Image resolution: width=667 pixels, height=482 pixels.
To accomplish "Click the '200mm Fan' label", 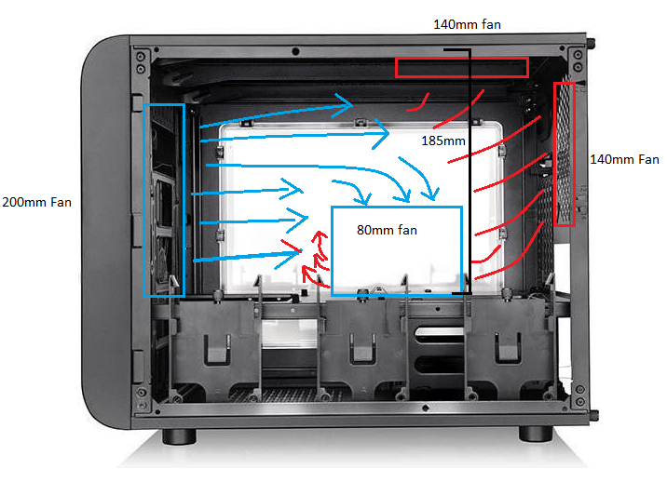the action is click(36, 202).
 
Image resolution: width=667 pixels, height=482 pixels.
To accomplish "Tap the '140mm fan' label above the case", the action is click(467, 24).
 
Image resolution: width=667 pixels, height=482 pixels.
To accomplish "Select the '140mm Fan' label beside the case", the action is click(624, 159).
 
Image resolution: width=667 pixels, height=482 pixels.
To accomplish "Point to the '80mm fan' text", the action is click(387, 230).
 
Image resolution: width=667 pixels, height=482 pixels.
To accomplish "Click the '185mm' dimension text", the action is click(443, 141).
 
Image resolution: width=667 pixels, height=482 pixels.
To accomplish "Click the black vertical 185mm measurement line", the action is click(470, 171).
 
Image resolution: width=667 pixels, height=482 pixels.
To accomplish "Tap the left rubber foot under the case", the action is click(179, 436).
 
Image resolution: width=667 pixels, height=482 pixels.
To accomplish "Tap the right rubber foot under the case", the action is click(536, 434).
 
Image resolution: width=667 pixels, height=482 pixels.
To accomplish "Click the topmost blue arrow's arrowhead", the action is click(344, 104).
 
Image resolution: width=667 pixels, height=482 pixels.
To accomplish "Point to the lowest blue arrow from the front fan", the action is click(247, 256).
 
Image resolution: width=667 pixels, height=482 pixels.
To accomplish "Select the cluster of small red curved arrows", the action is click(315, 260).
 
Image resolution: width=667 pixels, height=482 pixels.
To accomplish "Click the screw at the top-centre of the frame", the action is click(295, 52).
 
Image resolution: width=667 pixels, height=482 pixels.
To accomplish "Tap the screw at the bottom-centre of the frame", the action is click(425, 408).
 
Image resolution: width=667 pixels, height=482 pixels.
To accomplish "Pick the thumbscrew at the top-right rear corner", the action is click(592, 43).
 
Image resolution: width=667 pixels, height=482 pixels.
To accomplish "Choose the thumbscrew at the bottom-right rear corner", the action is click(594, 415).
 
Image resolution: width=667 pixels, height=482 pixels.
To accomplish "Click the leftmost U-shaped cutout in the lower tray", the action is click(217, 350).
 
